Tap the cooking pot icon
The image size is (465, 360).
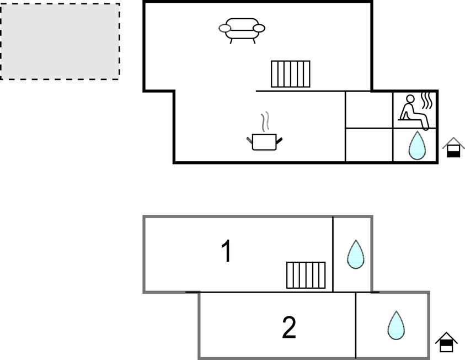coord(264,141)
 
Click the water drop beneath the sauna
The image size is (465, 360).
coord(416,146)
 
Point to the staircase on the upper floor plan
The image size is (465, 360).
coord(290,74)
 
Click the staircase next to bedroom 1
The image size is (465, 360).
coord(306,275)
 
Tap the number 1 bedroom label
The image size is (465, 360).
coord(226,252)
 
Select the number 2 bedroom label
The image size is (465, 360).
coord(288,328)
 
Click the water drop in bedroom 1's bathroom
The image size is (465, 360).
coord(355,255)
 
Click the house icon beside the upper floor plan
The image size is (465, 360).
coord(453,147)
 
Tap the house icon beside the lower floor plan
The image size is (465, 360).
coord(446,342)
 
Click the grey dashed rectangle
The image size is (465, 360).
coord(60,41)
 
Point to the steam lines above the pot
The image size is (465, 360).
coord(265,121)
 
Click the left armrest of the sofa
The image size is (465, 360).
coord(225,28)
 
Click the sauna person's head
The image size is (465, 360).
coord(409,99)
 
